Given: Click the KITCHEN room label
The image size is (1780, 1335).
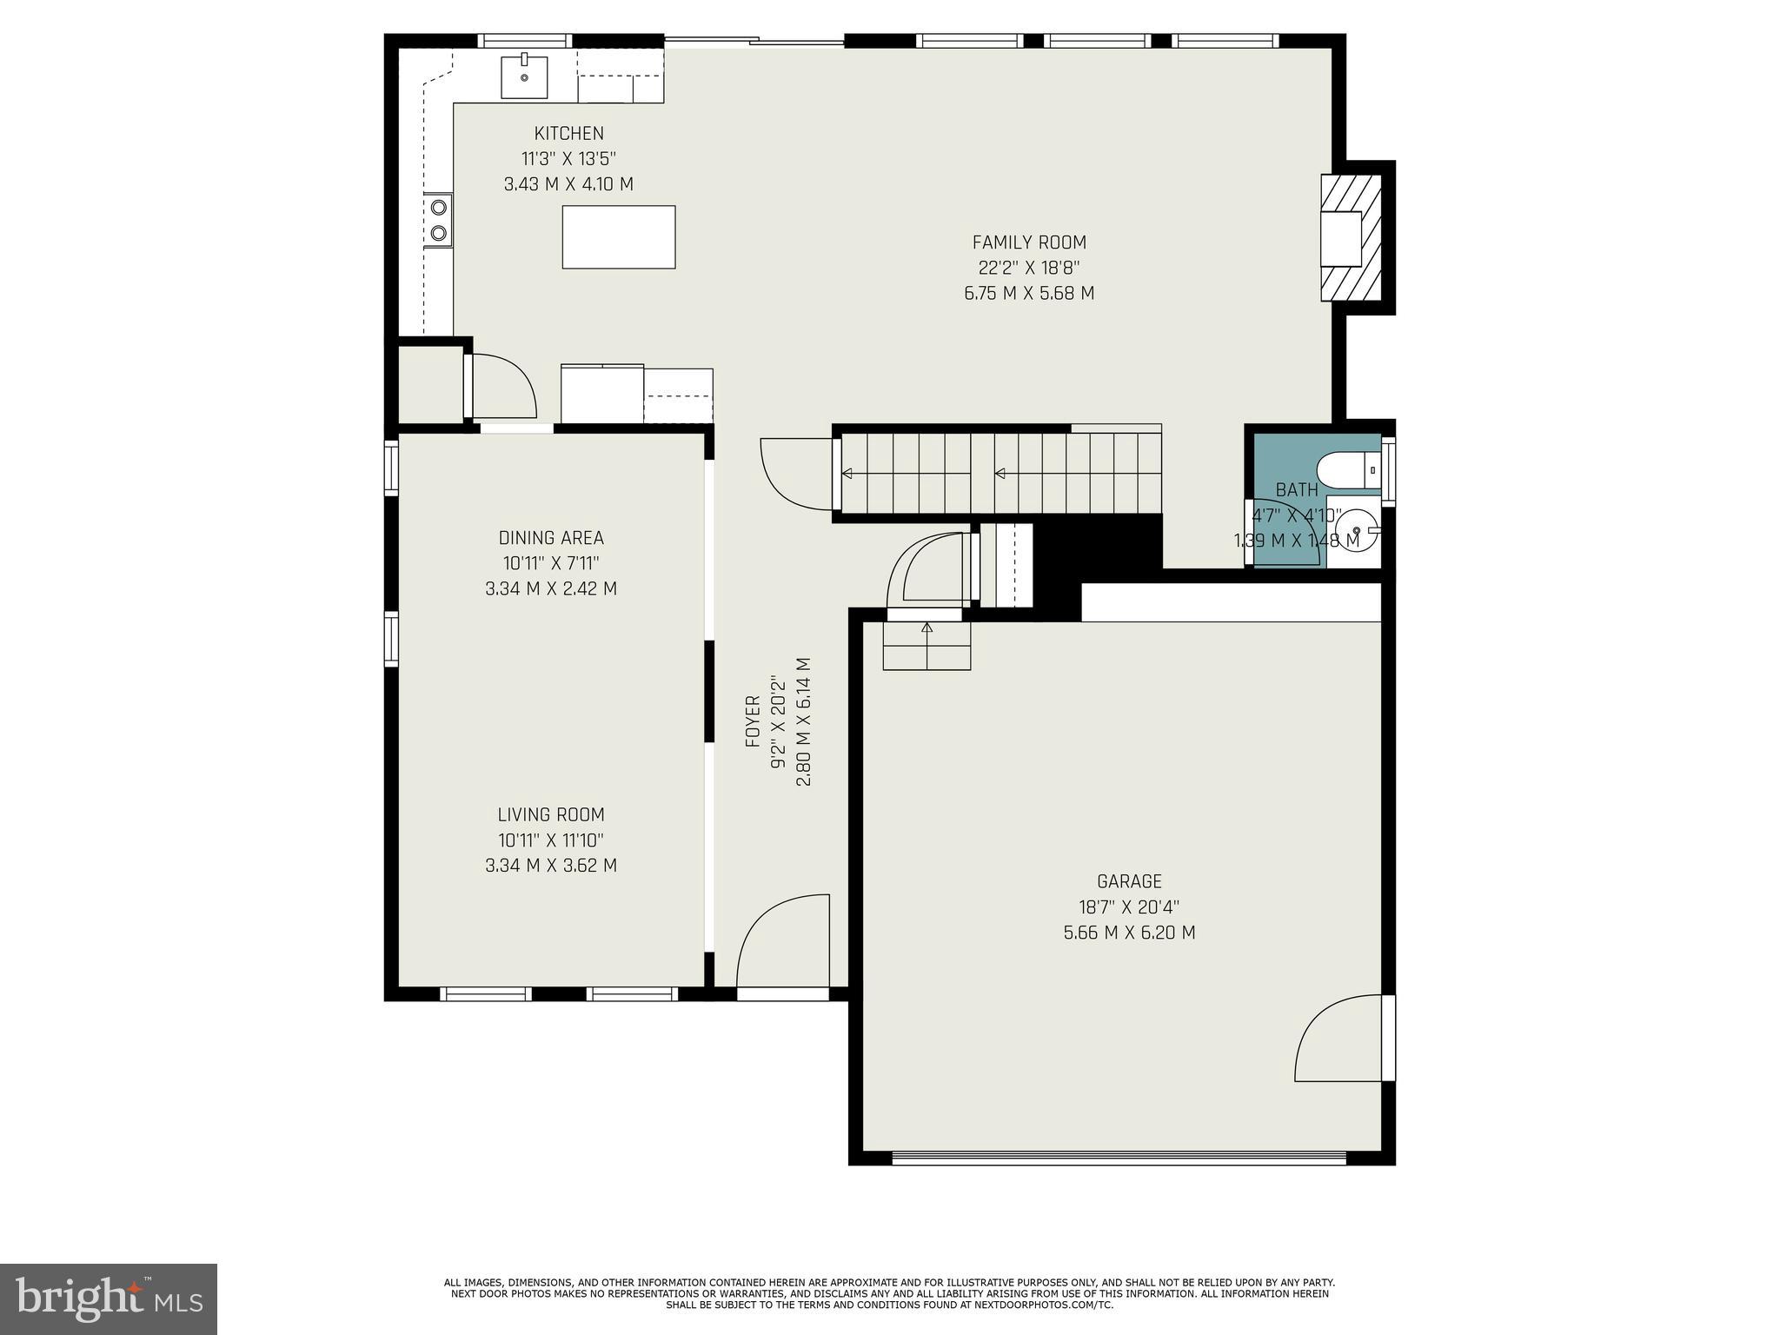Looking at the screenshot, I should pos(568,133).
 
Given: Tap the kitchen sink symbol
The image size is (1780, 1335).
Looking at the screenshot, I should pos(524,76).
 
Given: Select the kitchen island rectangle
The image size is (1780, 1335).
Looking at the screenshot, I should pos(618,236).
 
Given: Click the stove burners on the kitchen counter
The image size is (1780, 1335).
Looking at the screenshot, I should pos(439,220).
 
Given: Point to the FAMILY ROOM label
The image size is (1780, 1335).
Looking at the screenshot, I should pos(1029,242).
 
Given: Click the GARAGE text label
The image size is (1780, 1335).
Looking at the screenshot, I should pos(1129,881).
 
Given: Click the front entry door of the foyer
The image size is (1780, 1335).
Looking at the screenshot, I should pos(782,943).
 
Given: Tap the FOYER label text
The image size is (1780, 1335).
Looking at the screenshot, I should pos(753,721).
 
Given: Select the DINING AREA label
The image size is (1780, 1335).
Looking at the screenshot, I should pos(551,537).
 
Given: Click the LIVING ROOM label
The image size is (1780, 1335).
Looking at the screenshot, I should pos(551,814).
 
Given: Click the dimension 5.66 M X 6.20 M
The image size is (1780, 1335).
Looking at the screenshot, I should pos(1129,933).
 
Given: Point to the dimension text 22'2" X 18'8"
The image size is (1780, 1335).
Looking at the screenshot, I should pos(1029,268).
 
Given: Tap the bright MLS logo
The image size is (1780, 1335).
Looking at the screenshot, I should pos(109,1298).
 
